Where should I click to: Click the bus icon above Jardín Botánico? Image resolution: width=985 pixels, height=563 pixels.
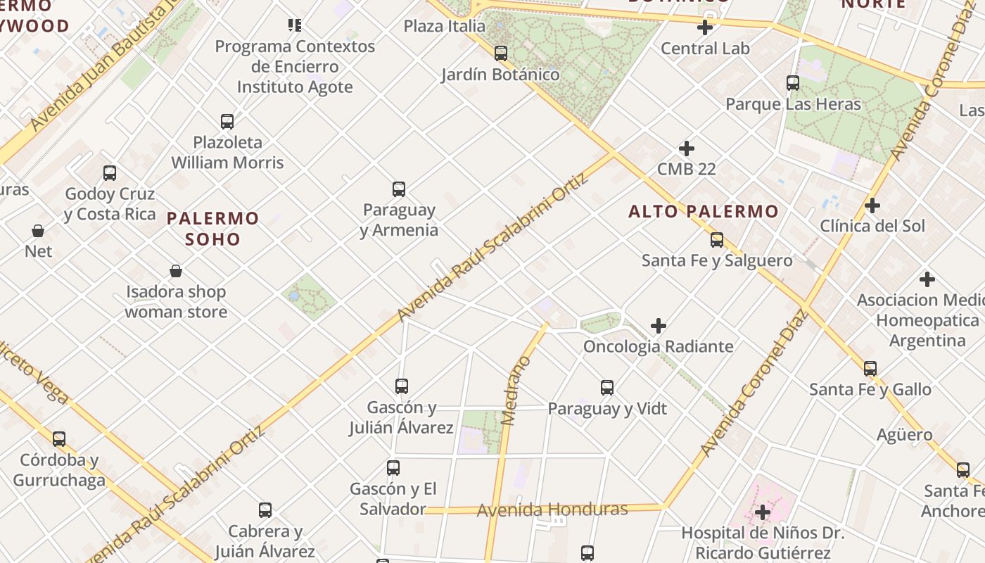(501, 53)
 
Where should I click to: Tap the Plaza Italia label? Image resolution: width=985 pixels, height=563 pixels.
(444, 26)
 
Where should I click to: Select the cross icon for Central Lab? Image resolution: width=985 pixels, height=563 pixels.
(705, 27)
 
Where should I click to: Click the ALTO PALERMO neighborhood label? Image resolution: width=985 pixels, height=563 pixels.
(704, 211)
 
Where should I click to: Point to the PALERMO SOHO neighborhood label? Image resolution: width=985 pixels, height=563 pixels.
(213, 228)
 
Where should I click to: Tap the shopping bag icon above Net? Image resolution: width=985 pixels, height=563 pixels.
(38, 230)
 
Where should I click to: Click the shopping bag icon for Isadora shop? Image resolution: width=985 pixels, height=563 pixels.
(176, 271)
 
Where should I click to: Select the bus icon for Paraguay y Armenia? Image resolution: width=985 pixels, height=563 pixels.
(399, 189)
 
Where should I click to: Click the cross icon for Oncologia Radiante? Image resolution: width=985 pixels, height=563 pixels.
(659, 326)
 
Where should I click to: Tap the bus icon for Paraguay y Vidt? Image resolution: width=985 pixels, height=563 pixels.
(607, 387)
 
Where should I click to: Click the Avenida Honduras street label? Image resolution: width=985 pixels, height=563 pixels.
(552, 510)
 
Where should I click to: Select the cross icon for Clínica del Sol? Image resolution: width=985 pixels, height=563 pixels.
(872, 205)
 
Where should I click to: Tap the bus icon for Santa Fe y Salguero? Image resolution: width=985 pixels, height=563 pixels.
(717, 240)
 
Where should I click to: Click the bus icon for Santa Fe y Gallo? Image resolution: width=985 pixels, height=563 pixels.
(870, 368)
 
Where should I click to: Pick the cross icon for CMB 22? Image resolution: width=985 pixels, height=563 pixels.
(687, 148)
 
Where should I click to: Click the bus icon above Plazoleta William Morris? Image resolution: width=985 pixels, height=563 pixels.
(227, 121)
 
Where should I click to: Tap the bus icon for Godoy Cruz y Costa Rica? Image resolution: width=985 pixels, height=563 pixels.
(110, 172)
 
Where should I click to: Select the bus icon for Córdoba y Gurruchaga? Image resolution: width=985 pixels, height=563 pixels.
(59, 438)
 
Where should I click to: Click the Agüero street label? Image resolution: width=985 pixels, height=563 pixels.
(905, 435)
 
